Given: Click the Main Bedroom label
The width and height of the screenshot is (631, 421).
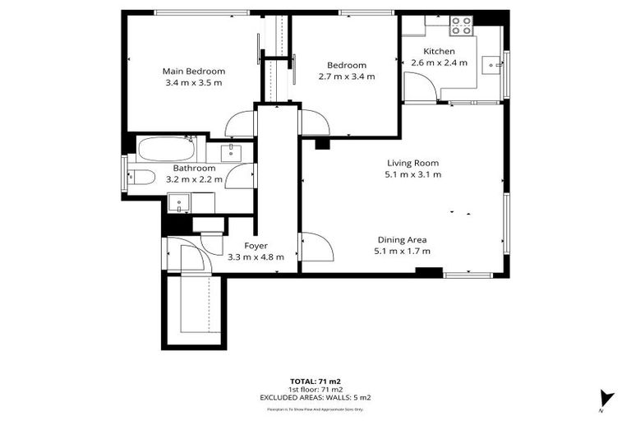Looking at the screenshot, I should pyautogui.click(x=193, y=71).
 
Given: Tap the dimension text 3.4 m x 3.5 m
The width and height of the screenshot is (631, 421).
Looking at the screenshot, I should pyautogui.click(x=193, y=82).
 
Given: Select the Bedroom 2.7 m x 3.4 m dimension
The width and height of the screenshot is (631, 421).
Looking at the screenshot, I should pyautogui.click(x=346, y=76).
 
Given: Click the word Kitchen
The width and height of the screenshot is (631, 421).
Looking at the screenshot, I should pyautogui.click(x=439, y=51).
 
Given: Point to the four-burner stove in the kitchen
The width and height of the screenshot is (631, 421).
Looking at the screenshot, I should pyautogui.click(x=462, y=25).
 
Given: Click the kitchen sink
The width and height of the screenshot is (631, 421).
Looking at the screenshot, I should pyautogui.click(x=492, y=62).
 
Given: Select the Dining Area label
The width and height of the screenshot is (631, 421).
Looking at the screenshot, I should pyautogui.click(x=402, y=239).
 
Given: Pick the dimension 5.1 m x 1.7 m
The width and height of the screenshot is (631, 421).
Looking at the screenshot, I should pyautogui.click(x=402, y=251).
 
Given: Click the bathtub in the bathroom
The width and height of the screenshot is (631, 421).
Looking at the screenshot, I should pyautogui.click(x=167, y=150).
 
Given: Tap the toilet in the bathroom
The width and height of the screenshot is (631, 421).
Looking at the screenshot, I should pyautogui.click(x=141, y=176).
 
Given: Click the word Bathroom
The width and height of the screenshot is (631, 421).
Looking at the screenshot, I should pyautogui.click(x=194, y=168).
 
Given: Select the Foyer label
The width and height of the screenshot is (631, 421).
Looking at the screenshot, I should pyautogui.click(x=256, y=245).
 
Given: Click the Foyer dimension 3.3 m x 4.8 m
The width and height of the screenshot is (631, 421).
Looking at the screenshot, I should pyautogui.click(x=256, y=257).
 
